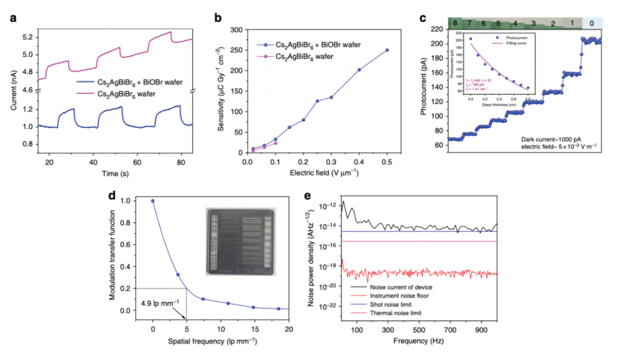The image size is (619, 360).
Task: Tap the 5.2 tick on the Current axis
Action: click(x=27, y=37)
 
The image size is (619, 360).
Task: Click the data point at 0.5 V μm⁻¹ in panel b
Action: click(x=387, y=50)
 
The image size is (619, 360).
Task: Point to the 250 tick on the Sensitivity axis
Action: click(x=237, y=50)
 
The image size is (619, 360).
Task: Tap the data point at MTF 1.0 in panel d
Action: click(x=153, y=201)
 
